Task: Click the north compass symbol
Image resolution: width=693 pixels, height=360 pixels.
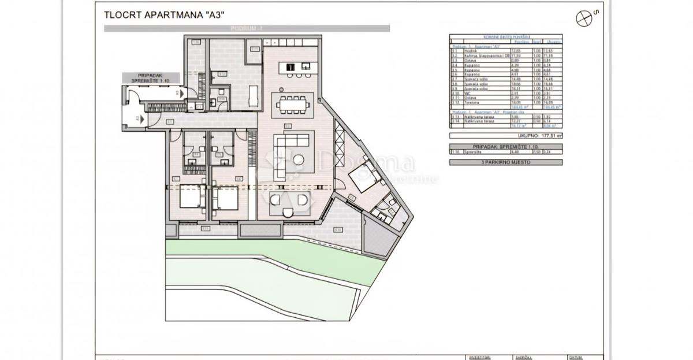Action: click(x=584, y=18)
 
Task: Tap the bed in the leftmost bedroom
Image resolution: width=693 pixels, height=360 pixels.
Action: click(x=188, y=200)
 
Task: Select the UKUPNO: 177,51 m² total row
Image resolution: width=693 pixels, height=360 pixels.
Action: click(x=505, y=136)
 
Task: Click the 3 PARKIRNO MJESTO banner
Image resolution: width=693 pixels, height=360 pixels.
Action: click(x=505, y=162)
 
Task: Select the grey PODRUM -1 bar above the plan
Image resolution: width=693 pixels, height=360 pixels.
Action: click(x=247, y=28)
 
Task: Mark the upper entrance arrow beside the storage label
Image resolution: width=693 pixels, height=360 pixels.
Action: click(x=181, y=92)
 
